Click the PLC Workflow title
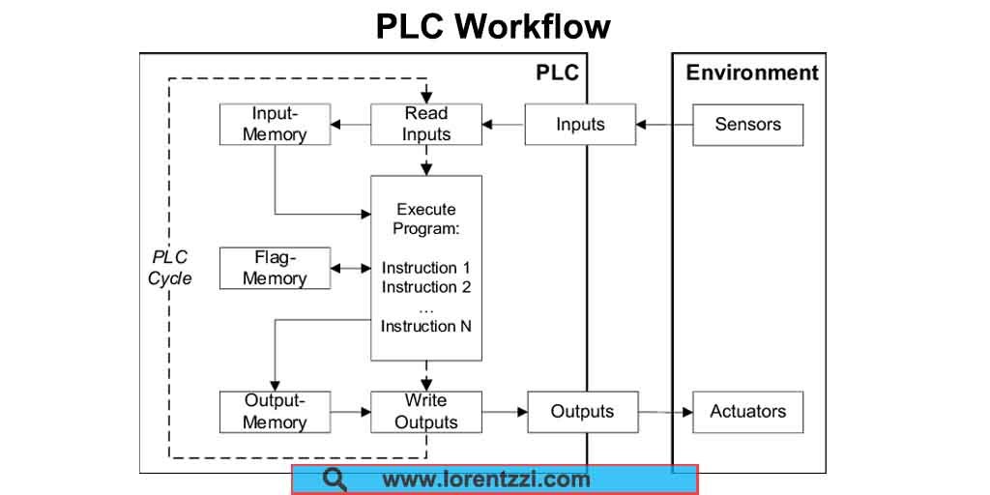[493, 26]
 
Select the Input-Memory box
[274, 124]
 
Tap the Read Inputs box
[426, 124]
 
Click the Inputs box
[580, 124]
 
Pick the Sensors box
[747, 124]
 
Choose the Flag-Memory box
[274, 268]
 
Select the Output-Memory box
[274, 412]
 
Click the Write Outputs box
[426, 412]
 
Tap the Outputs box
[582, 412]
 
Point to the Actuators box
[747, 412]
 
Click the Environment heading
[751, 73]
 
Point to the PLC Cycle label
[170, 268]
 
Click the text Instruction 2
[426, 287]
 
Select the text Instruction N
[426, 326]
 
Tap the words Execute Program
[426, 219]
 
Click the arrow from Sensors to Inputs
[664, 124]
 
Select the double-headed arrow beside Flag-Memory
[350, 268]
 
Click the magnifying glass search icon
[335, 479]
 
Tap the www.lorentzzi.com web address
[485, 479]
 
